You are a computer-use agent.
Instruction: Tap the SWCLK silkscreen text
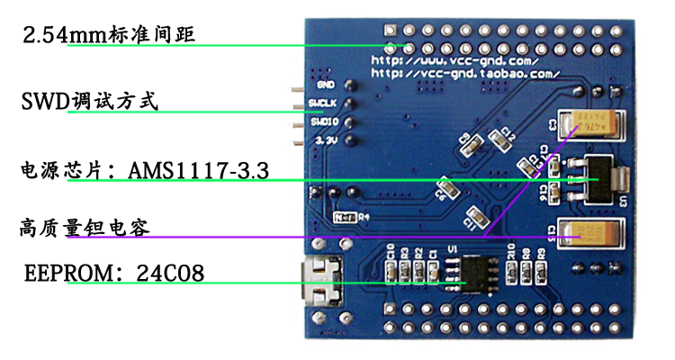(321, 103)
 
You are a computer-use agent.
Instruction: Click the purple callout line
(270, 238)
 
